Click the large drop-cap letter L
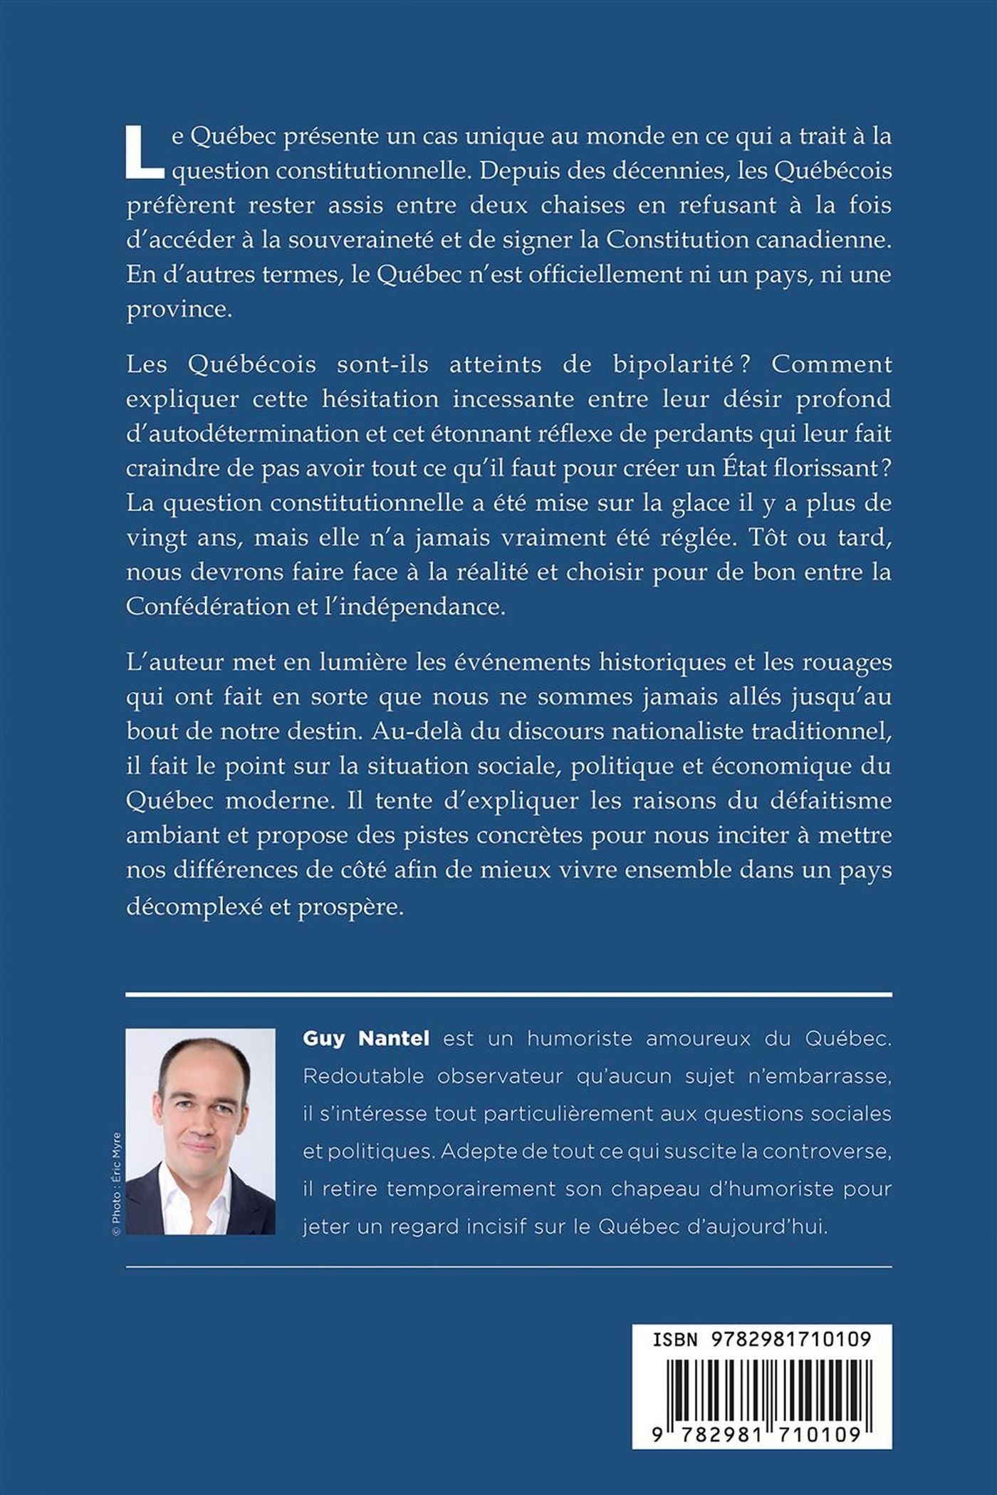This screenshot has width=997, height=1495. coord(145,152)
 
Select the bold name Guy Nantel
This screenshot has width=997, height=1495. coord(366,1039)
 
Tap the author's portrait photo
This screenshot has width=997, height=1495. coord(200,1131)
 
